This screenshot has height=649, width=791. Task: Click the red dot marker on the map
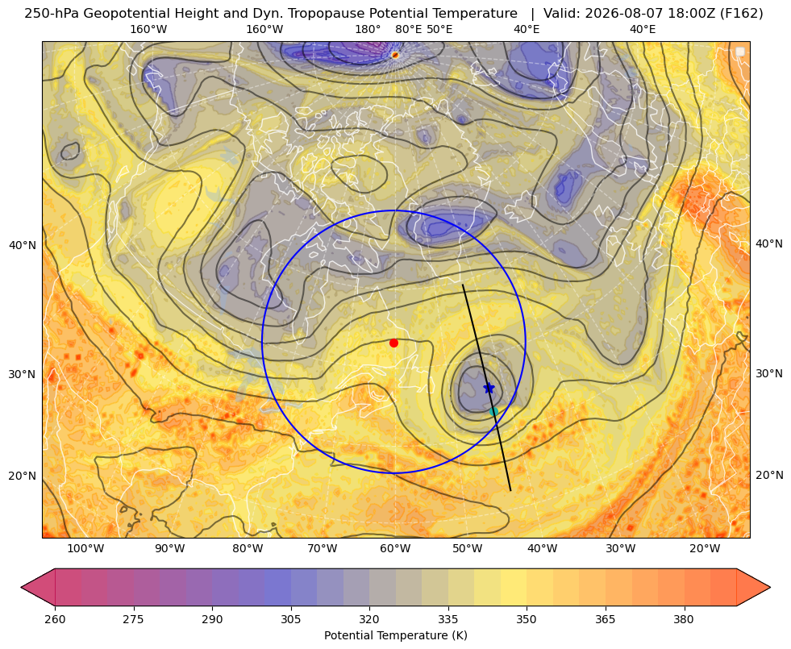(393, 343)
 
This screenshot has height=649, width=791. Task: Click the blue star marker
(489, 388)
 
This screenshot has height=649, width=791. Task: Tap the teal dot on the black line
(493, 411)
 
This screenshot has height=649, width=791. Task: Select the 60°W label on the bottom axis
(395, 548)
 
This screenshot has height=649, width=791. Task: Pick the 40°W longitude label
(543, 548)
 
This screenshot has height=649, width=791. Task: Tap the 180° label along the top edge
(368, 29)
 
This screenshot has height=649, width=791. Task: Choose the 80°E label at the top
(409, 29)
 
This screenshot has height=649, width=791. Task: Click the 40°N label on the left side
(23, 245)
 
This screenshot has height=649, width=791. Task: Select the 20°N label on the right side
(769, 475)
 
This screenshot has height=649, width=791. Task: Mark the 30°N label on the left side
(23, 374)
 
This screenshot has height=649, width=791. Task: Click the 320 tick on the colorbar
(369, 618)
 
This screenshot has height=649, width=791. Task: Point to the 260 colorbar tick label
(55, 618)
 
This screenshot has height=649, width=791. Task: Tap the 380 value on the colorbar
(684, 618)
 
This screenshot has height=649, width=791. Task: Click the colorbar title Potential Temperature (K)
(395, 635)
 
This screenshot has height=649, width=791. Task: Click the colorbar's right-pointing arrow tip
(770, 587)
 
